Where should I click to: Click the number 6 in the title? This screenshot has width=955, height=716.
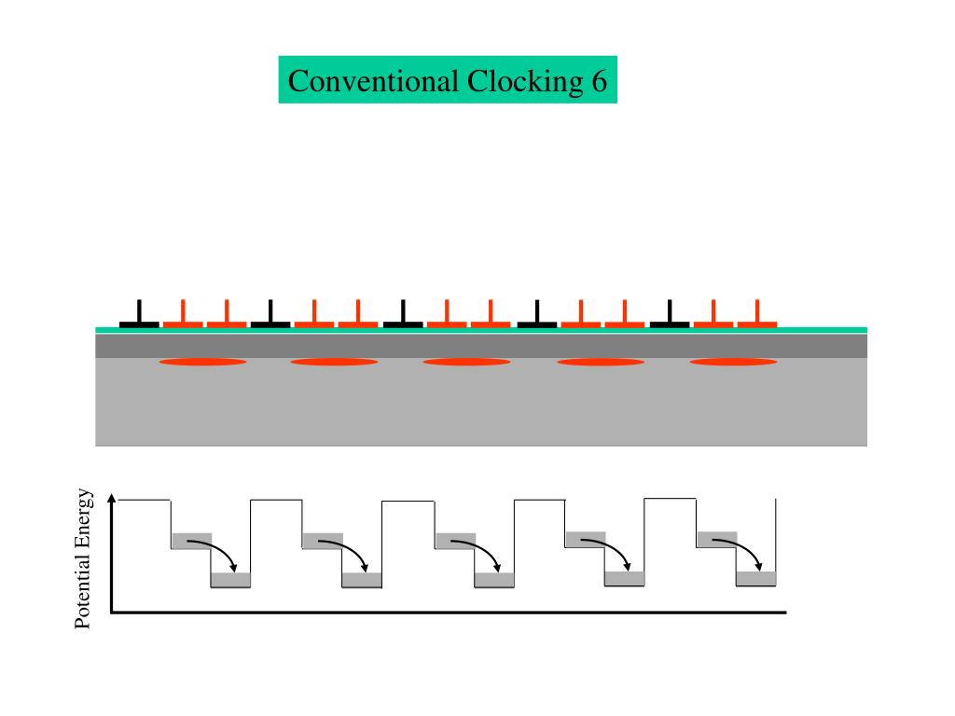point(598,81)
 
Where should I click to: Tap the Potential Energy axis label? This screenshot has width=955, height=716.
point(85,558)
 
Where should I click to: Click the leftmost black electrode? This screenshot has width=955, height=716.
point(139,316)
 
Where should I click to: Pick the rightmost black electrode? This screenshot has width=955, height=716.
point(670,316)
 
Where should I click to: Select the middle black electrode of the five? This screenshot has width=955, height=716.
point(403,316)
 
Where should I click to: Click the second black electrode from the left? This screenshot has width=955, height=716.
point(270,316)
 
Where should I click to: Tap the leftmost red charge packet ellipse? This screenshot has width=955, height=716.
point(202,361)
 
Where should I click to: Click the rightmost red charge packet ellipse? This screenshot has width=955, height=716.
point(733,361)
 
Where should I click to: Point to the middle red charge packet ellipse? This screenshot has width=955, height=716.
point(466,361)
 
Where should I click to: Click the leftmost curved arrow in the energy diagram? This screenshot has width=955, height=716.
point(218,552)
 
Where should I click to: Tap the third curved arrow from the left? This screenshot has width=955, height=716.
point(482,552)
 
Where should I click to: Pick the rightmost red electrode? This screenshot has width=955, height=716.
point(757,316)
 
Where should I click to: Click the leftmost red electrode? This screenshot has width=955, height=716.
point(183,316)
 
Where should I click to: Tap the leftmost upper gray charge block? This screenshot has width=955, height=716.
point(191,540)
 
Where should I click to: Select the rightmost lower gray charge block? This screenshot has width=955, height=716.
point(756,579)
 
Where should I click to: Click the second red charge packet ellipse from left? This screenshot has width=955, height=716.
point(334,361)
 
